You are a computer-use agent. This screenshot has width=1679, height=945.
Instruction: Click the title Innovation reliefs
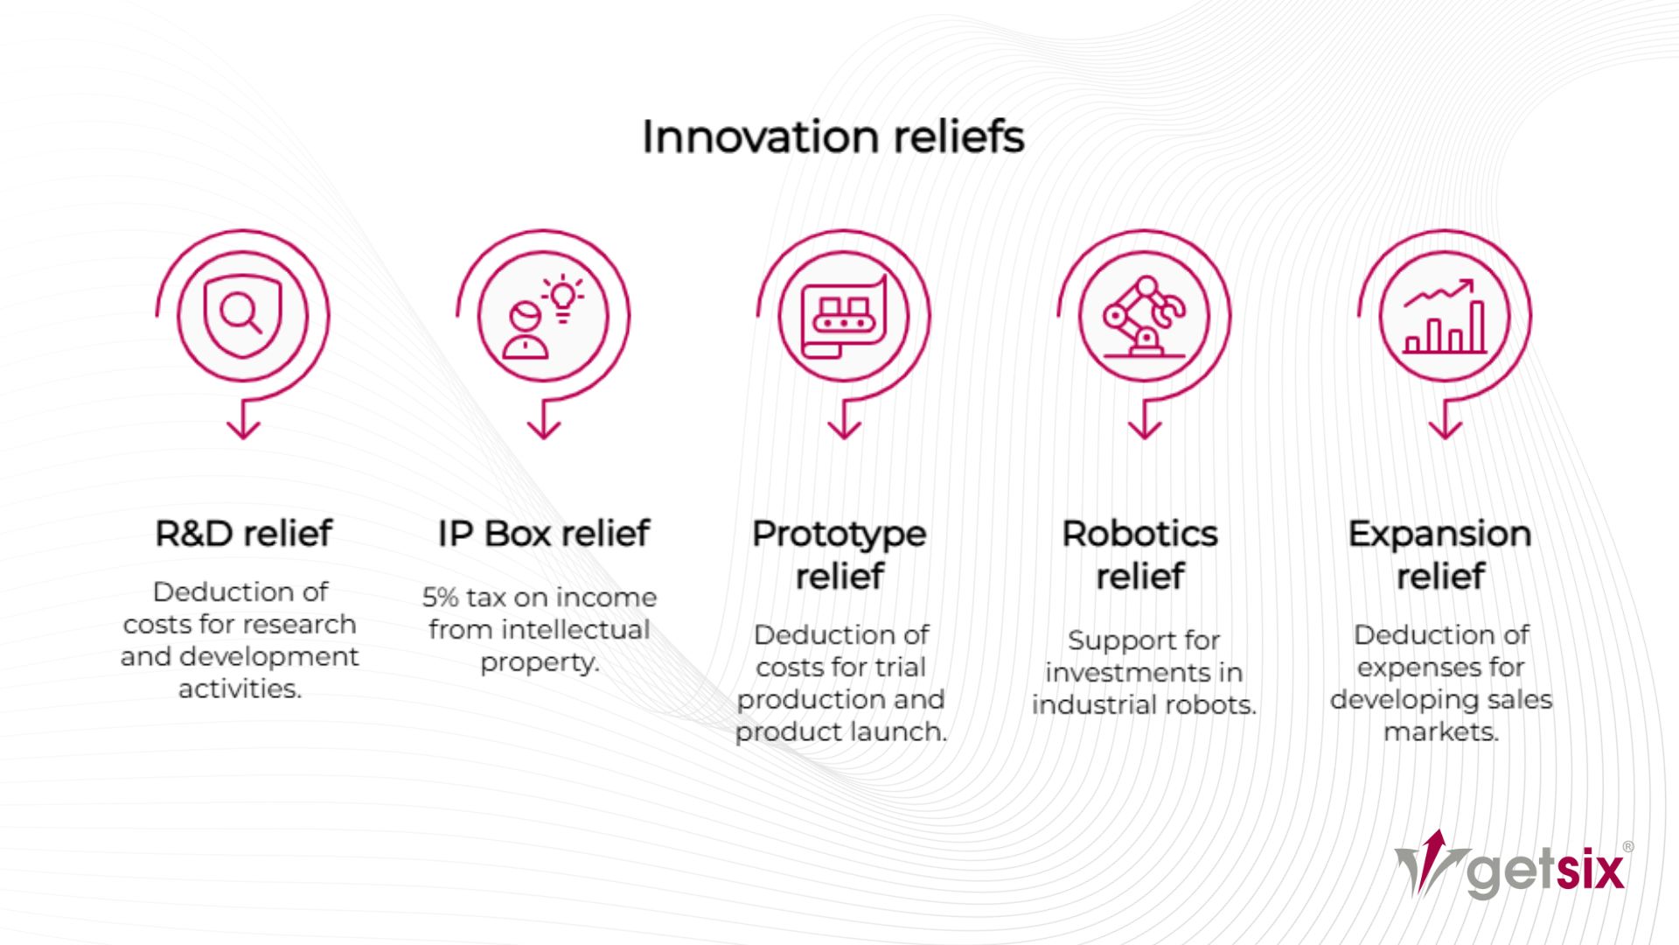tap(833, 137)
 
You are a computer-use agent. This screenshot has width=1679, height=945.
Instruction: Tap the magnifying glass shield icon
tap(242, 316)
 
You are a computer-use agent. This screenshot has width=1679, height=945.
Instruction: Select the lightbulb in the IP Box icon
tap(563, 297)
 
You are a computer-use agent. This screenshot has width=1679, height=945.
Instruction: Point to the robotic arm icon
tap(1143, 316)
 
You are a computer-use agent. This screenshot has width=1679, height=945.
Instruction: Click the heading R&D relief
tap(243, 533)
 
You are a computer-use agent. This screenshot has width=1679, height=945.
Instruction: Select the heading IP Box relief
tap(543, 533)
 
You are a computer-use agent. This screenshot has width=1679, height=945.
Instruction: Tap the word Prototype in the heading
tap(839, 534)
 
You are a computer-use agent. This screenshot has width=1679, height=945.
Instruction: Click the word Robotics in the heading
tap(1139, 534)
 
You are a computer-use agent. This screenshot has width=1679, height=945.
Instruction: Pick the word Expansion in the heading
tap(1439, 534)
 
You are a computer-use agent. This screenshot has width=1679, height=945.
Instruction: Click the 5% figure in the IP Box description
tap(440, 598)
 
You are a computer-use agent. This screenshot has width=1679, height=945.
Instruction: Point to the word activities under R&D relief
tap(240, 689)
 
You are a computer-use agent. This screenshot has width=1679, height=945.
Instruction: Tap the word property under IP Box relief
tap(540, 662)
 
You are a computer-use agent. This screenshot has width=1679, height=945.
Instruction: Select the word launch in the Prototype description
tap(902, 731)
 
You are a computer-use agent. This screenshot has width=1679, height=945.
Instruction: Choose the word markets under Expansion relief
tap(1440, 731)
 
